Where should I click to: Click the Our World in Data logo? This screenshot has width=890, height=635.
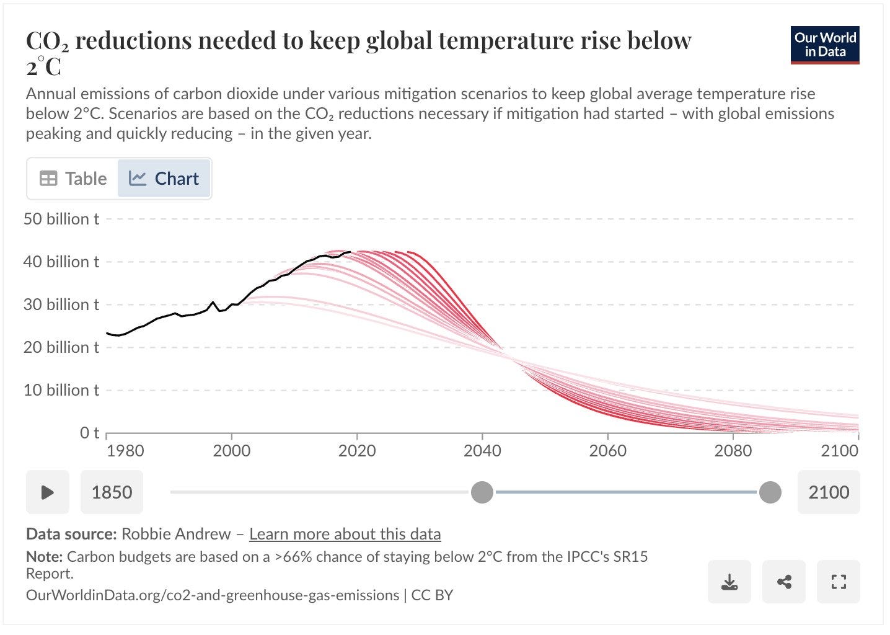coord(825,45)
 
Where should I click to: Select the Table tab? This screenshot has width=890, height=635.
coord(73,179)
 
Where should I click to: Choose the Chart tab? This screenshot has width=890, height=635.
coord(164,179)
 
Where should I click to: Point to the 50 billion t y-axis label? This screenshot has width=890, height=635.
coord(61,219)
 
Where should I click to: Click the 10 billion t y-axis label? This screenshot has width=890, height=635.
coord(61,390)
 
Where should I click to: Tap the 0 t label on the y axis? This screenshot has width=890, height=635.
coord(89,433)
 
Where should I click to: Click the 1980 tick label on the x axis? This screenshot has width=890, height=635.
coord(125,451)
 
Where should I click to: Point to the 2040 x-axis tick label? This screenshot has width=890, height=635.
coord(482,451)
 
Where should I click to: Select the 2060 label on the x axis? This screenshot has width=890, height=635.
coord(607,451)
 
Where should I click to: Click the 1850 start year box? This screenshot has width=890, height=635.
coord(112,492)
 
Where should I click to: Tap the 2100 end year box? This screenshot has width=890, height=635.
coord(828,492)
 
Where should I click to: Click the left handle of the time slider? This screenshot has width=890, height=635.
coord(482,492)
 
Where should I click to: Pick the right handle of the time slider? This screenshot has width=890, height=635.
coord(770,492)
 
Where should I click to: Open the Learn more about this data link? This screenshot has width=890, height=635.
coord(345,534)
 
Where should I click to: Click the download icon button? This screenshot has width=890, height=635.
coord(729,582)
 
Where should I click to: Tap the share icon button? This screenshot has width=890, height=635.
coord(784,582)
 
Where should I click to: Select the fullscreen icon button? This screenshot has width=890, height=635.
coord(839,582)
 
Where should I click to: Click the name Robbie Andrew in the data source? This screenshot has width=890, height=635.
coord(176,534)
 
